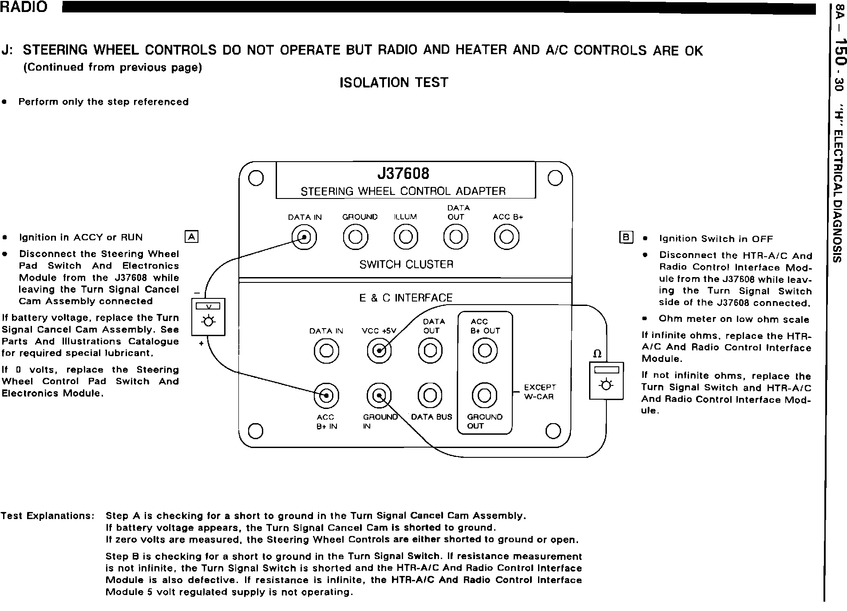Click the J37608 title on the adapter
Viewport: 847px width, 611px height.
tap(403, 174)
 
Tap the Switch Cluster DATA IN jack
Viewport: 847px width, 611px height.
tap(304, 238)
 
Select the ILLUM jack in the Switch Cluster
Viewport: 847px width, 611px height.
tap(406, 238)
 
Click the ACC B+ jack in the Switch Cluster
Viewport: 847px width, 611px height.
tap(507, 238)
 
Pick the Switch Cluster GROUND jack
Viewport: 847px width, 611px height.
tap(355, 238)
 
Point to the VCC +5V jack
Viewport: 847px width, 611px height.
tap(379, 351)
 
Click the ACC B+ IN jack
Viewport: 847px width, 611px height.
tap(326, 395)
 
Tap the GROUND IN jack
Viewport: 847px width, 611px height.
tap(379, 395)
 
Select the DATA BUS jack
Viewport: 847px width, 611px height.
tap(430, 395)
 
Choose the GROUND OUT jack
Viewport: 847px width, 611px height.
tap(484, 395)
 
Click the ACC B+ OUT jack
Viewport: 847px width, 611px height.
tap(484, 351)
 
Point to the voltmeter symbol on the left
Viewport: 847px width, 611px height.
tap(208, 317)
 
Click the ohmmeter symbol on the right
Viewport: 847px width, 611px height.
tap(606, 381)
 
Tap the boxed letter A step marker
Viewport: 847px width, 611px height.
tap(191, 237)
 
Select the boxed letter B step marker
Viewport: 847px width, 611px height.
tap(625, 238)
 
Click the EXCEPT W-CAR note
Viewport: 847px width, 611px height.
tap(539, 392)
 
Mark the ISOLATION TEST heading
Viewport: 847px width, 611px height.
tap(394, 83)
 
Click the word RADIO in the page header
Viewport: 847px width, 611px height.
tap(24, 7)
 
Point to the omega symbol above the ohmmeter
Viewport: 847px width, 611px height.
tap(598, 354)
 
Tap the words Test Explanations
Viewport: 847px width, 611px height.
tap(47, 516)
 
